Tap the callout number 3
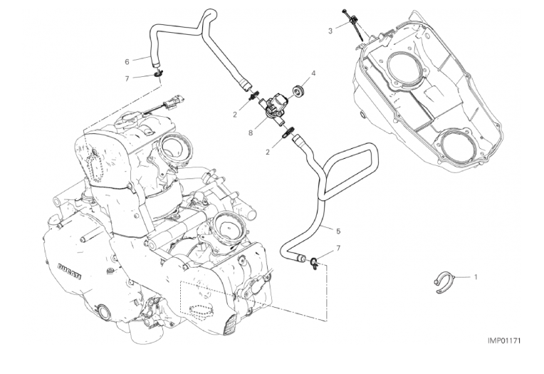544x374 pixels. coord(330,31)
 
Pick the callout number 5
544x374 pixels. coord(338,231)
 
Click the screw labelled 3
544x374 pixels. coord(350,19)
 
